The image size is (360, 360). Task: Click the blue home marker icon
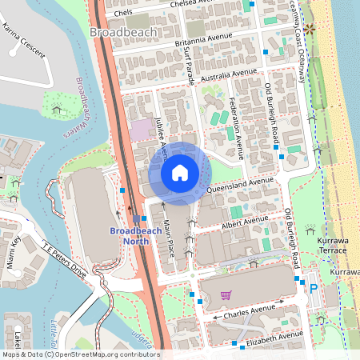180,173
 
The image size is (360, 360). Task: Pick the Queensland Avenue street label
240,186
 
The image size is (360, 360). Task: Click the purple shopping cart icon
226,295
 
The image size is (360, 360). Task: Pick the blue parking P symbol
313,290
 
